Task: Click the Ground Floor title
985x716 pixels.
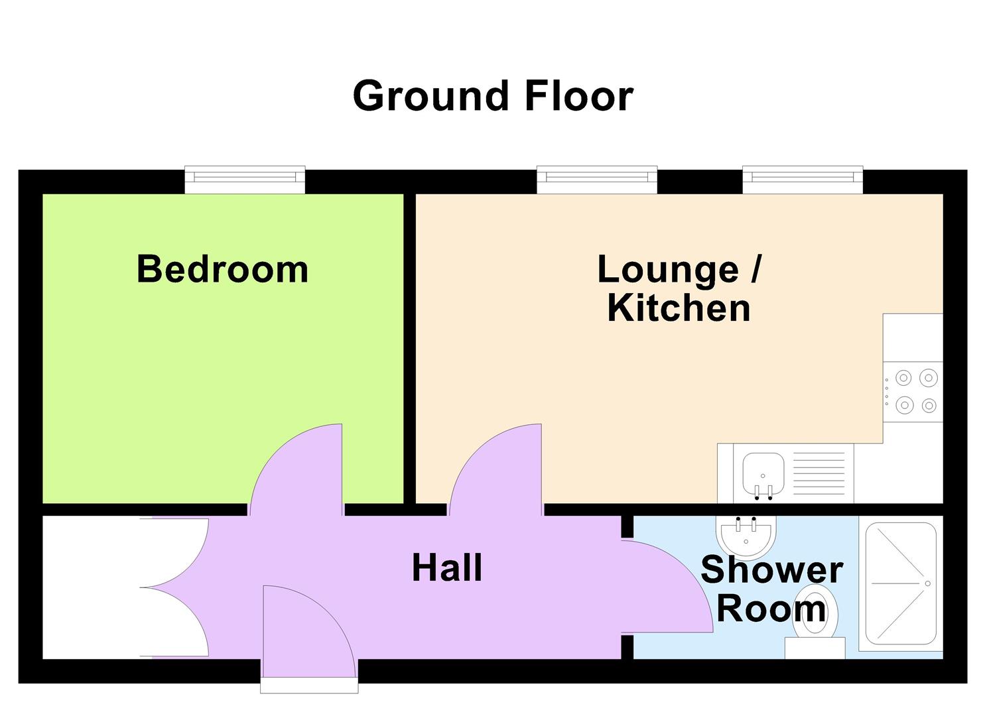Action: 493,95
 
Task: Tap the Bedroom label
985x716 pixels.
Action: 222,268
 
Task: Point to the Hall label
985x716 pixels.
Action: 447,568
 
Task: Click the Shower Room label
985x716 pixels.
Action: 771,589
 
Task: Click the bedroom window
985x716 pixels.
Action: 245,179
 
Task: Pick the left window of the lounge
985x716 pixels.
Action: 597,179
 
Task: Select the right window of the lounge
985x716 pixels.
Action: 803,179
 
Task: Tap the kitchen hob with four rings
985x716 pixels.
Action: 913,392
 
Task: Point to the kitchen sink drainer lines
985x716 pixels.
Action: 819,473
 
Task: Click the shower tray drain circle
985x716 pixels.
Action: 928,583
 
